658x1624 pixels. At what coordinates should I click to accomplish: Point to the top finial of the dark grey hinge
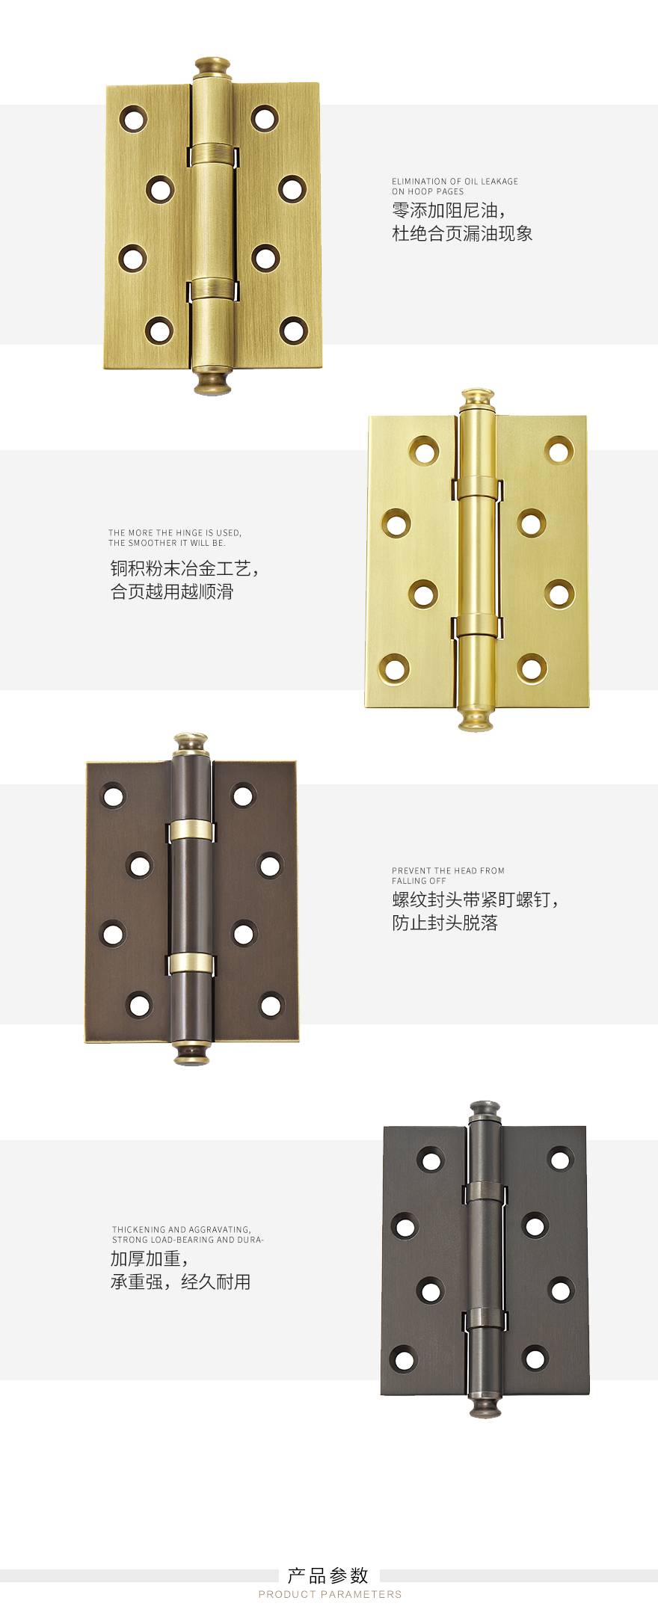click(x=485, y=1112)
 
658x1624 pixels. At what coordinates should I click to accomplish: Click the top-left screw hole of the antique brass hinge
click(x=134, y=119)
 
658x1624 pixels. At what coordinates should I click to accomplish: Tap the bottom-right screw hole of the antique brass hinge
click(x=293, y=328)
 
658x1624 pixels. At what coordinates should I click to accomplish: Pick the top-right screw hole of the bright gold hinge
click(x=559, y=450)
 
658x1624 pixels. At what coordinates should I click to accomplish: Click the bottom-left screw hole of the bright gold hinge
click(x=396, y=665)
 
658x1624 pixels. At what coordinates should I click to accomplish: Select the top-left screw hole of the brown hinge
click(x=113, y=795)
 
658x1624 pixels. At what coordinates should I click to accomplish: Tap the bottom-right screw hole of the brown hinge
click(x=271, y=1005)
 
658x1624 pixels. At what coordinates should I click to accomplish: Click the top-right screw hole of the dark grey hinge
click(x=561, y=1159)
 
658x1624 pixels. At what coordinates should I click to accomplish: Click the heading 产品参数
click(x=328, y=1575)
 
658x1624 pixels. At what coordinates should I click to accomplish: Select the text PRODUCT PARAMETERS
click(x=330, y=1594)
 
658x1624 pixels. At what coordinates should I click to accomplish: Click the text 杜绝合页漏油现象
click(x=462, y=233)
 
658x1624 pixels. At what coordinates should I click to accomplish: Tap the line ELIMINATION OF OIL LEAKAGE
click(x=455, y=182)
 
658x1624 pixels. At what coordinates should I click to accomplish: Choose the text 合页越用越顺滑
click(x=172, y=591)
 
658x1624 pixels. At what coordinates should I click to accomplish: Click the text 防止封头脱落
click(x=445, y=923)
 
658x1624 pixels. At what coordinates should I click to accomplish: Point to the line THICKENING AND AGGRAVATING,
click(x=182, y=1229)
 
